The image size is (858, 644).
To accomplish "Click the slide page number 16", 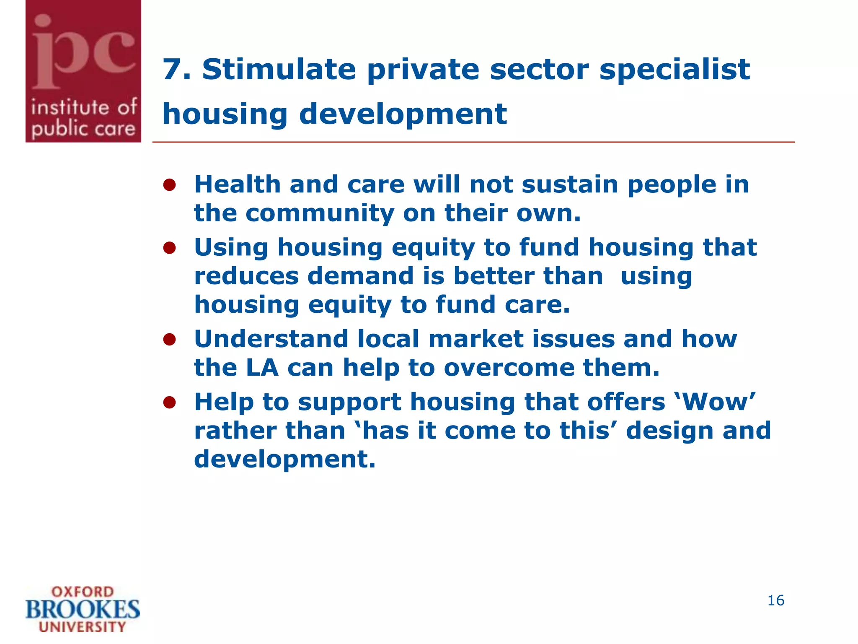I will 775,600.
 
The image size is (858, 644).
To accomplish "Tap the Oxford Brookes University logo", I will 83,609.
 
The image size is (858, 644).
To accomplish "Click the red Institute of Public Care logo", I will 83,71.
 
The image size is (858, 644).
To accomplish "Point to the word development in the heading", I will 403,114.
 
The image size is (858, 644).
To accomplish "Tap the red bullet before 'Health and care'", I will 169,185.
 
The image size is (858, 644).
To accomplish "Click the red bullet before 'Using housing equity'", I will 169,248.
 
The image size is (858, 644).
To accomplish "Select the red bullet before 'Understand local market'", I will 169,339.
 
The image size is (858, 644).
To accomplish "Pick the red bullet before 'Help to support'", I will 169,402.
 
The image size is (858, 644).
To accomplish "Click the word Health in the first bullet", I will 237,184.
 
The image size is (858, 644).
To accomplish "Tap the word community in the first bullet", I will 320,213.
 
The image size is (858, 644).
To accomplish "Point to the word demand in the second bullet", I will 360,276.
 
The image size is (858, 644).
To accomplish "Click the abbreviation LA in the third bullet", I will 262,368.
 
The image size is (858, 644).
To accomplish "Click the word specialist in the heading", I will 675,70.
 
